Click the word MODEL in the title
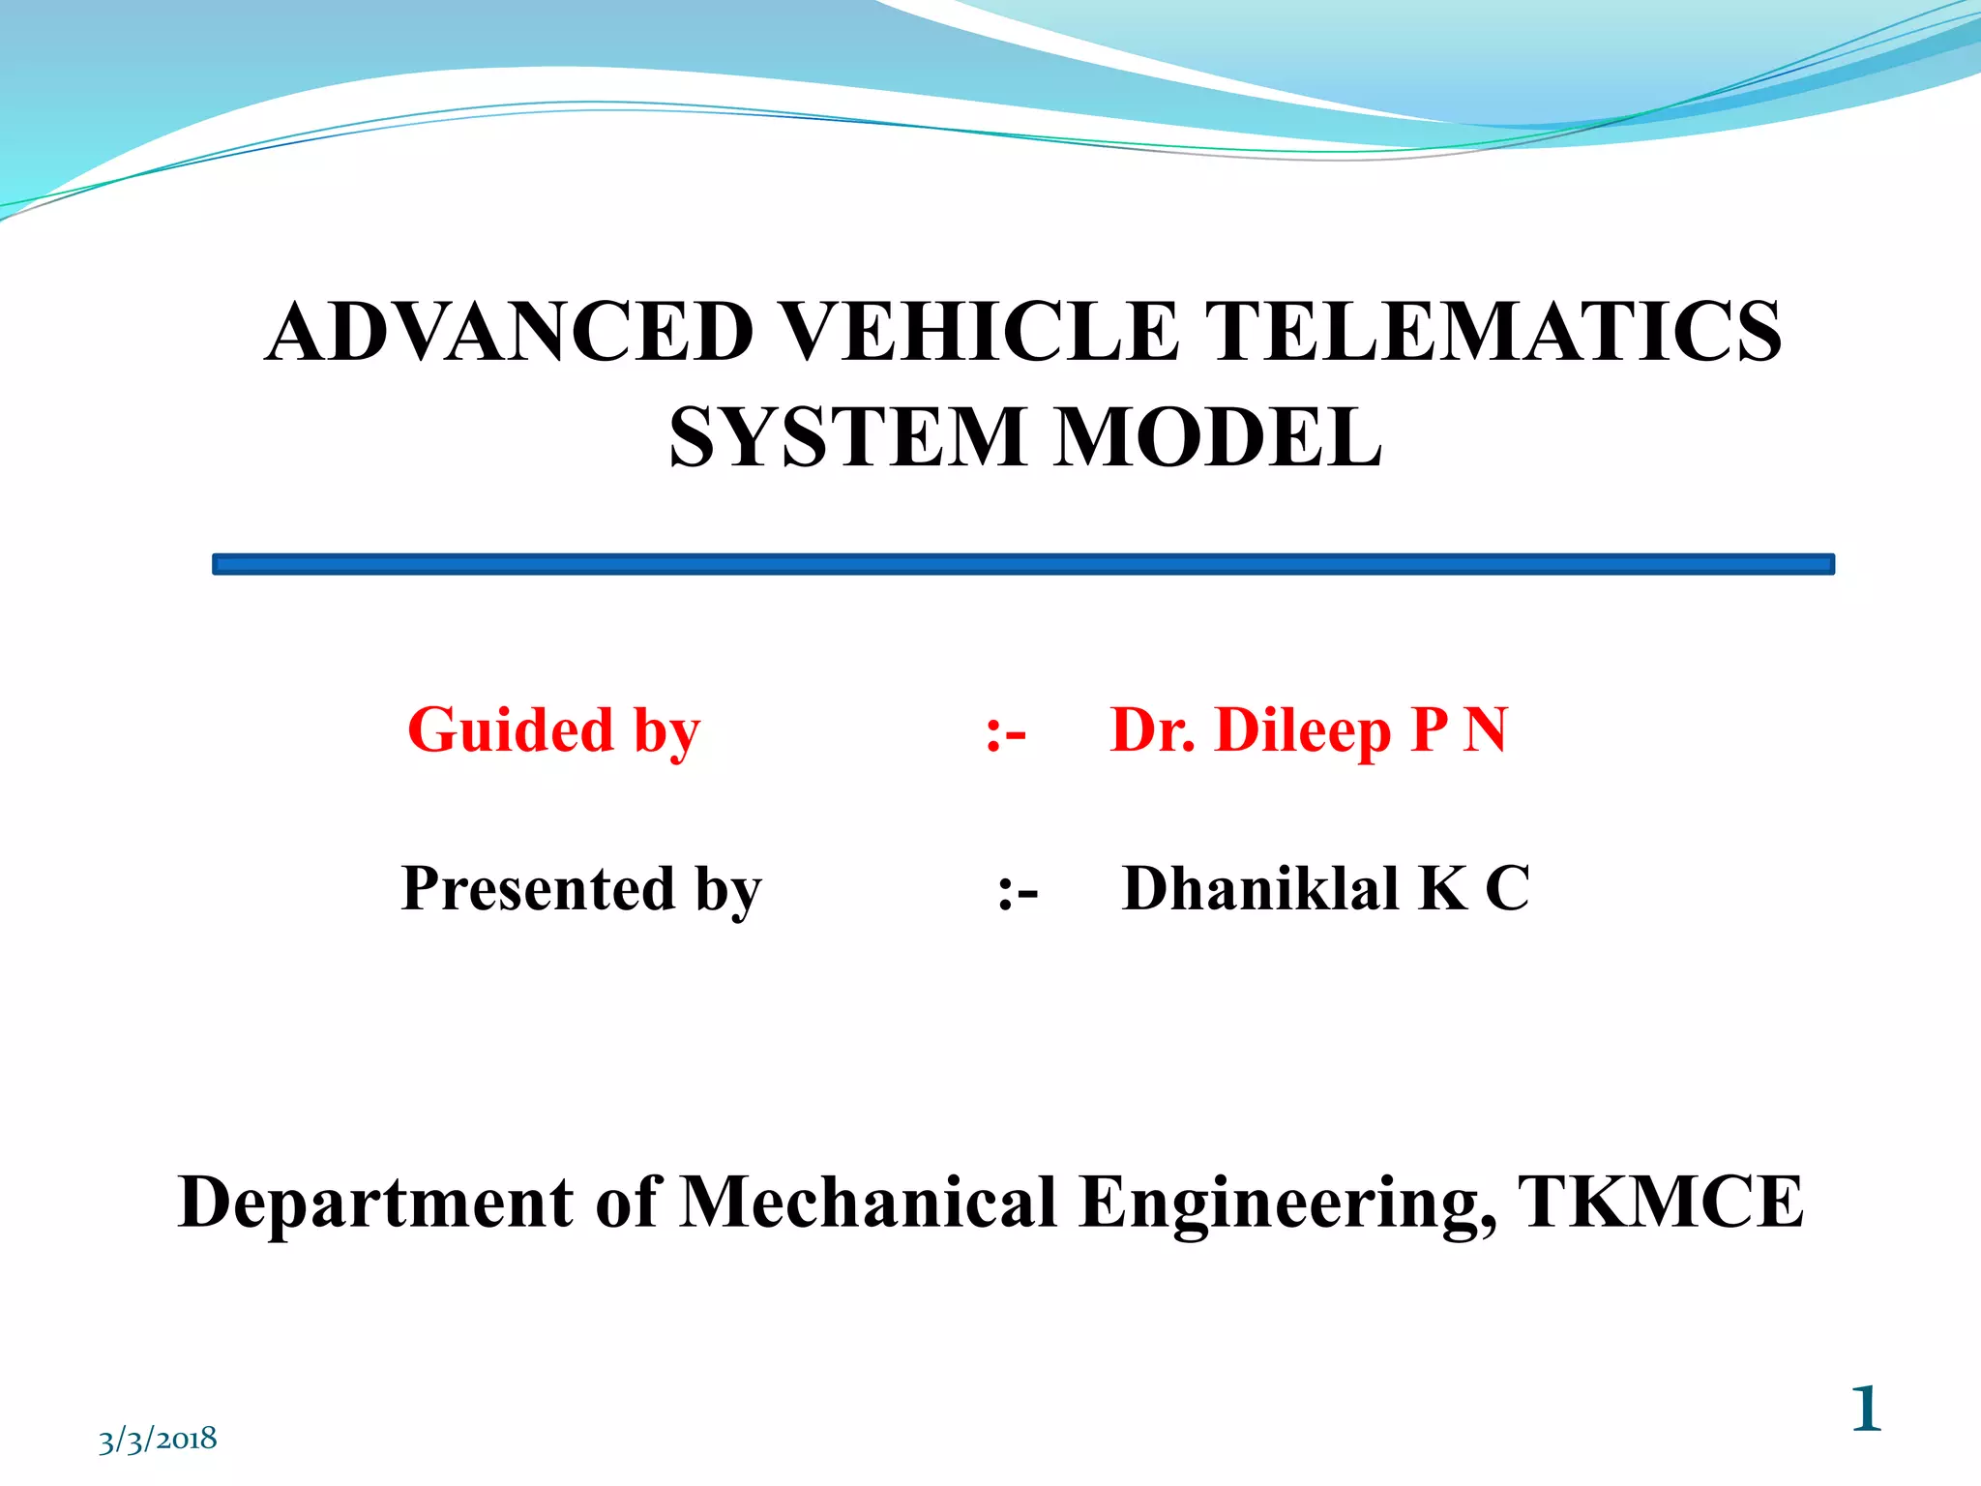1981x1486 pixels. pos(1218,437)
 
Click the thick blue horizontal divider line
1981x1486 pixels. pos(1022,564)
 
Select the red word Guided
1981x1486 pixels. pos(510,729)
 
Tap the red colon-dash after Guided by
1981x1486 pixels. pos(1005,733)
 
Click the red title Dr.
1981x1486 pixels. pos(1152,729)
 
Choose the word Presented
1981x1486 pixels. pos(538,888)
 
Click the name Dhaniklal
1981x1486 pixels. pos(1259,888)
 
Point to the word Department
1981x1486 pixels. pos(375,1203)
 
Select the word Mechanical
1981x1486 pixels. pos(868,1203)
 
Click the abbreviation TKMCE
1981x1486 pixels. pos(1659,1203)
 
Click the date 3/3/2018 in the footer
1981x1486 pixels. pos(158,1440)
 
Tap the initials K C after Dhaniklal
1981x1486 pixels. pos(1473,888)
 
